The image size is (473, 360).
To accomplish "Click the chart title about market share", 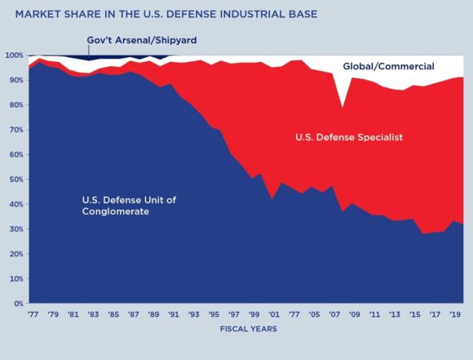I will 161,14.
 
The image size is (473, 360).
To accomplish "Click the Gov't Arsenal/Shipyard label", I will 142,40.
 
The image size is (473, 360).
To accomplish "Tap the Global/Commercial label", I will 388,66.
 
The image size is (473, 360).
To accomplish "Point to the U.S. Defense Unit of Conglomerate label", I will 129,206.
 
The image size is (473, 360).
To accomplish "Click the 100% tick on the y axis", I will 14,56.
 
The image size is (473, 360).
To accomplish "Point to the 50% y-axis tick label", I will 15,180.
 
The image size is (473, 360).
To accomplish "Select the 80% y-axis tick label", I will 15,105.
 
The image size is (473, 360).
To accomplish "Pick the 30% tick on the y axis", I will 15,229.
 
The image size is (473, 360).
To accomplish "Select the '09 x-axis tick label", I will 356,313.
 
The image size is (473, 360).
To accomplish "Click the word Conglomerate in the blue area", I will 116,212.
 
